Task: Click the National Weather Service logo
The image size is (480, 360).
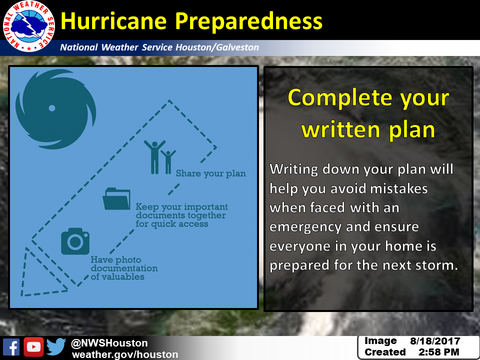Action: pyautogui.click(x=29, y=26)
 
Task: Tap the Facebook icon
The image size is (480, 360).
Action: pyautogui.click(x=11, y=347)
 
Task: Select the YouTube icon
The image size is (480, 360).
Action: pyautogui.click(x=33, y=347)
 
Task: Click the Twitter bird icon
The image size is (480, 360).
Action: pyautogui.click(x=56, y=346)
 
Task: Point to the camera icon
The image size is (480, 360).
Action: pyautogui.click(x=75, y=241)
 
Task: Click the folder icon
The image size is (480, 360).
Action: pyautogui.click(x=116, y=199)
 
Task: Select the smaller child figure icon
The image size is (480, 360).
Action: pyautogui.click(x=168, y=162)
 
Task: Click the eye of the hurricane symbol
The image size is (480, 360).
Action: pyautogui.click(x=52, y=108)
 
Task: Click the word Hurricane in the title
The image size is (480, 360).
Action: pyautogui.click(x=113, y=21)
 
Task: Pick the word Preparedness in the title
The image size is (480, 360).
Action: pyautogui.click(x=248, y=22)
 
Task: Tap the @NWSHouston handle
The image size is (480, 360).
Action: pyautogui.click(x=109, y=343)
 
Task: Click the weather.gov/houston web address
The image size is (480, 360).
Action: pyautogui.click(x=125, y=354)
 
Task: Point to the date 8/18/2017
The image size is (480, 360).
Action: pyautogui.click(x=435, y=341)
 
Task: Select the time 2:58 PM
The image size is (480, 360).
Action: pyautogui.click(x=438, y=352)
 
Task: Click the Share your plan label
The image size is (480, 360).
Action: pyautogui.click(x=210, y=173)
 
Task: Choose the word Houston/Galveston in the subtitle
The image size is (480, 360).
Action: pyautogui.click(x=217, y=47)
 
